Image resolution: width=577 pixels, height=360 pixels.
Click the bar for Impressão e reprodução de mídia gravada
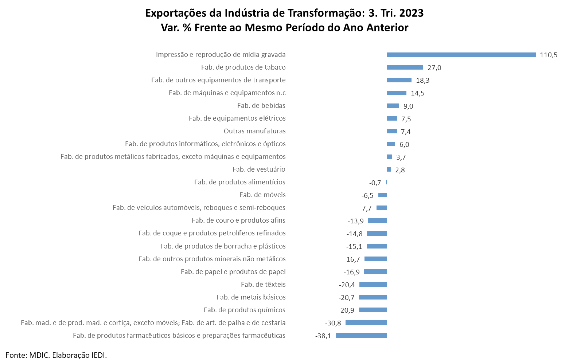461,55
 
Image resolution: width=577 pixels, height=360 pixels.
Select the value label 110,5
549,55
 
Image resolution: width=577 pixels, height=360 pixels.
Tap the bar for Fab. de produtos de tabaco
405,67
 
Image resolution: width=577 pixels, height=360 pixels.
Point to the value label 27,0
434,68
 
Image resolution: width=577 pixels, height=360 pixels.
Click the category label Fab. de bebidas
261,106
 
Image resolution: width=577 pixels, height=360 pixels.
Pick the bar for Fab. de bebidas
393,106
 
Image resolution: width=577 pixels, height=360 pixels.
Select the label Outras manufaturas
254,131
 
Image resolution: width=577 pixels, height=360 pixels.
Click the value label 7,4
406,132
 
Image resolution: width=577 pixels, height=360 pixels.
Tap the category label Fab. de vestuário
259,169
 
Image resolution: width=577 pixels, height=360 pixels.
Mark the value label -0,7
375,183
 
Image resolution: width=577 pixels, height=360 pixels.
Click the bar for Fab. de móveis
382,195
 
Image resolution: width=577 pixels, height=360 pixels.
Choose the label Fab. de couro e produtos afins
238,220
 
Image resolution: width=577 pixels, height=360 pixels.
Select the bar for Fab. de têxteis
373,285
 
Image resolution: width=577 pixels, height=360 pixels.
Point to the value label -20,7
346,298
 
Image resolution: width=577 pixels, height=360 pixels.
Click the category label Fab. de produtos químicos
244,310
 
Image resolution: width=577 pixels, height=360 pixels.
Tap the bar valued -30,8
366,323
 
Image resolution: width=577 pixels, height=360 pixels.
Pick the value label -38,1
323,336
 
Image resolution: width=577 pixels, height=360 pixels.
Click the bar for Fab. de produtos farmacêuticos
361,336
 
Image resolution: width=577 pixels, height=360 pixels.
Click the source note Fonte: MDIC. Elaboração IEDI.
56,355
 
